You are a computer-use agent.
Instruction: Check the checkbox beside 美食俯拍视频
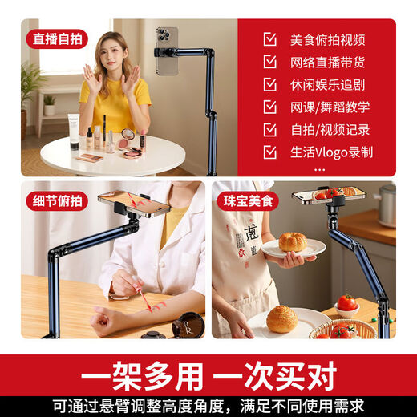(269, 39)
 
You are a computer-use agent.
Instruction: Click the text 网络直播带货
(327, 62)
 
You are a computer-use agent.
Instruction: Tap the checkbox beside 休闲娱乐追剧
(269, 84)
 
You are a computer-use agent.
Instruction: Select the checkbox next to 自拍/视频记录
(269, 129)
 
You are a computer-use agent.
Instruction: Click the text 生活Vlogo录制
(331, 152)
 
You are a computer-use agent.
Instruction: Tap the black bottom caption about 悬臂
(208, 406)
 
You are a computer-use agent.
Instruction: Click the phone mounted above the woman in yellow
(167, 51)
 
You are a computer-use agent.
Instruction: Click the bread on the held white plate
(292, 241)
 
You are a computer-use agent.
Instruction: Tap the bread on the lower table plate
(281, 318)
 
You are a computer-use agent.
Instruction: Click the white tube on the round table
(74, 132)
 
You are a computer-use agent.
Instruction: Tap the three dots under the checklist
(319, 169)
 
